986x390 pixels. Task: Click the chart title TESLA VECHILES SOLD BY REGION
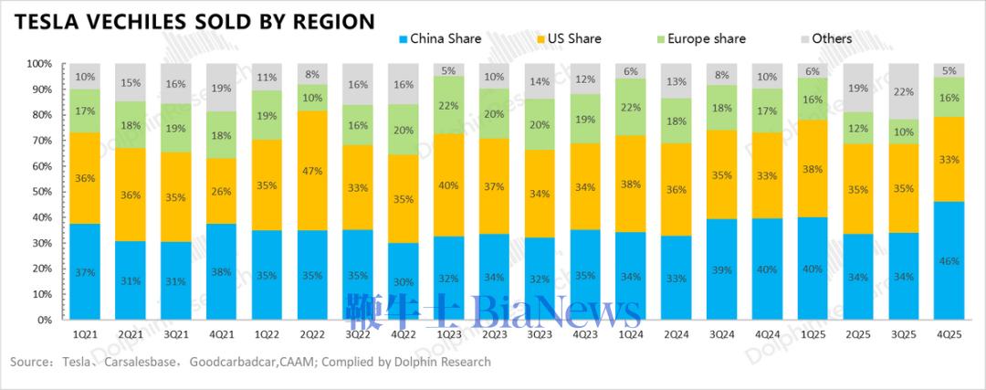click(x=193, y=21)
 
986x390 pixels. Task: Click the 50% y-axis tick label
click(x=39, y=192)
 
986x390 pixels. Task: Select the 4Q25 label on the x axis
click(x=949, y=334)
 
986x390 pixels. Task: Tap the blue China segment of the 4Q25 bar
click(x=949, y=260)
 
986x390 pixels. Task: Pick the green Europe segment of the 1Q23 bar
click(x=448, y=106)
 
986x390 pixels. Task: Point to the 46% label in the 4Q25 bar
click(x=949, y=261)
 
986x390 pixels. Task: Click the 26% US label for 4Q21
click(x=221, y=191)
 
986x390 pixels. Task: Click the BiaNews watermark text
click(x=556, y=311)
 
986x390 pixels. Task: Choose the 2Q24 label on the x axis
click(x=677, y=334)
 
